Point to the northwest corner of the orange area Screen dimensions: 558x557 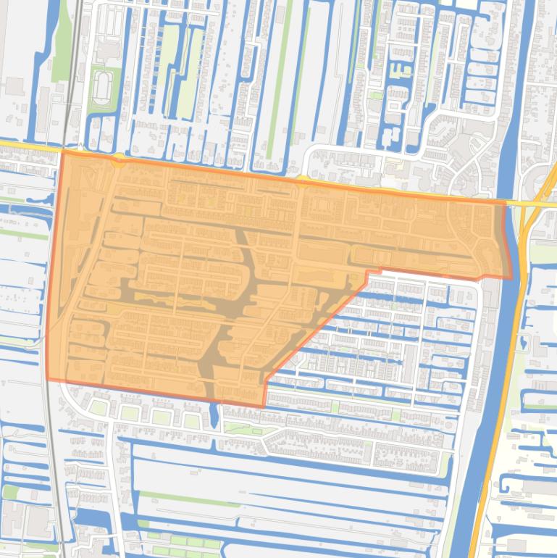point(63,151)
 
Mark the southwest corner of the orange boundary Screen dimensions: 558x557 point(47,379)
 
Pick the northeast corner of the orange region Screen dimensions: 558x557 point(504,204)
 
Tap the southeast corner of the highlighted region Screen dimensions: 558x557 point(510,278)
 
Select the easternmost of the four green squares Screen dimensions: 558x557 point(192,420)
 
